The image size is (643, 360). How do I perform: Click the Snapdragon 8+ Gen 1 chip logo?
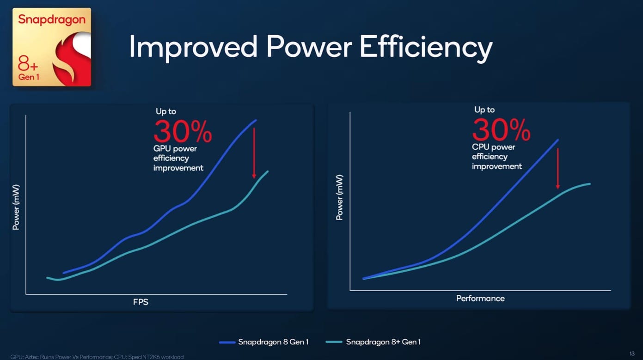[x=52, y=47]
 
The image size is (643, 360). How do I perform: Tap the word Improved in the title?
[x=193, y=47]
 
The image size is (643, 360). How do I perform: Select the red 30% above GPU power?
[x=183, y=132]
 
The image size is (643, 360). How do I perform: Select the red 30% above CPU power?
[x=501, y=130]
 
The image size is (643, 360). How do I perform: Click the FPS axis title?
[x=141, y=302]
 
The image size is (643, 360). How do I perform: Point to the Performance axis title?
[x=480, y=299]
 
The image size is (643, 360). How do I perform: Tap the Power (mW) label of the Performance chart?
[x=340, y=197]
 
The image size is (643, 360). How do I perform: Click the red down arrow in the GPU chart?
[x=254, y=153]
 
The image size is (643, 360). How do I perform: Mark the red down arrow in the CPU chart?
[x=558, y=169]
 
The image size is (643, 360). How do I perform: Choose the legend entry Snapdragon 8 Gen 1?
[x=273, y=342]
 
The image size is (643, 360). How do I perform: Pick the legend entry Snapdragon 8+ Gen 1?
[x=383, y=342]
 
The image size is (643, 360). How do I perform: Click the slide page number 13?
[x=632, y=354]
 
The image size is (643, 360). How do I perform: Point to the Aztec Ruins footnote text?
[x=97, y=357]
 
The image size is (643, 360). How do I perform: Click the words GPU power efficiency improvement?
[x=178, y=158]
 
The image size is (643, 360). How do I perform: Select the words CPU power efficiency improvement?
[x=496, y=157]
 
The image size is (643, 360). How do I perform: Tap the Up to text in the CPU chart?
[x=484, y=110]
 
